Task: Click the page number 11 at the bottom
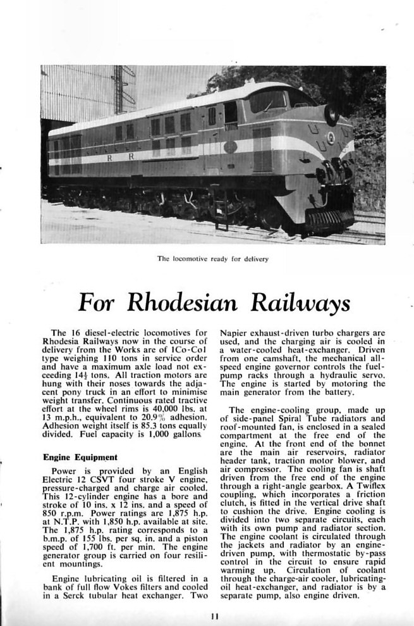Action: (215, 615)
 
